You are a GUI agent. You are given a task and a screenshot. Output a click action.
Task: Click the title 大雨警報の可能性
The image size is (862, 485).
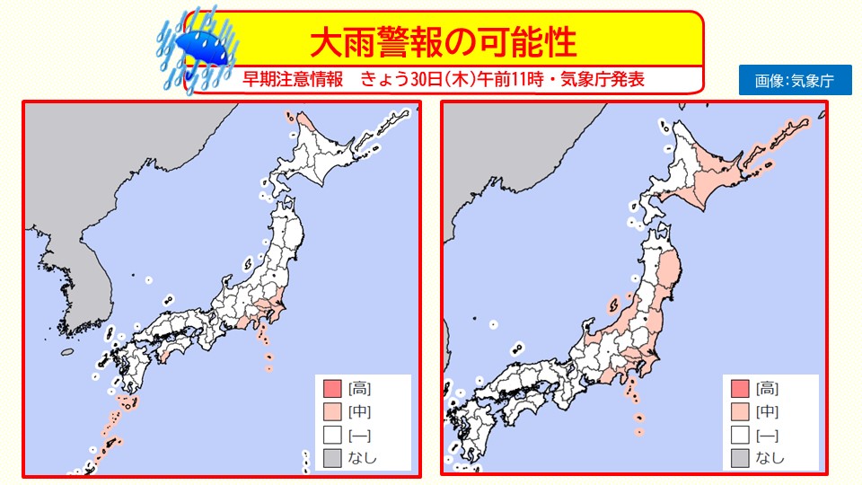coord(443,41)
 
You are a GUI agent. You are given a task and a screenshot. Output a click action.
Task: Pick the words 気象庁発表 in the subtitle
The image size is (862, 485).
coord(603,79)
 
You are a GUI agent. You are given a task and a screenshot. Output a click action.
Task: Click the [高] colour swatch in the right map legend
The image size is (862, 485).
coord(740,389)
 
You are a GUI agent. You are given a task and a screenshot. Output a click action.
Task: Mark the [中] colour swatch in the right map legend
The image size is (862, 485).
coord(740,412)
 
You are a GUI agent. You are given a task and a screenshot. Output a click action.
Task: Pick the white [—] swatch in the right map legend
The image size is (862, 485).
coord(740,436)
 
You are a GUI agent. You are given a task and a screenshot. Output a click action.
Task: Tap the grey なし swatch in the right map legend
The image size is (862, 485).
coord(740,459)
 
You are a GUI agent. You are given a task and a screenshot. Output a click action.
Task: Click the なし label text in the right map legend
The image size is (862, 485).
coord(771,459)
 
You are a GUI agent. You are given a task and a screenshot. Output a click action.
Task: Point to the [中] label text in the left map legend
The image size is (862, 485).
coord(361,412)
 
